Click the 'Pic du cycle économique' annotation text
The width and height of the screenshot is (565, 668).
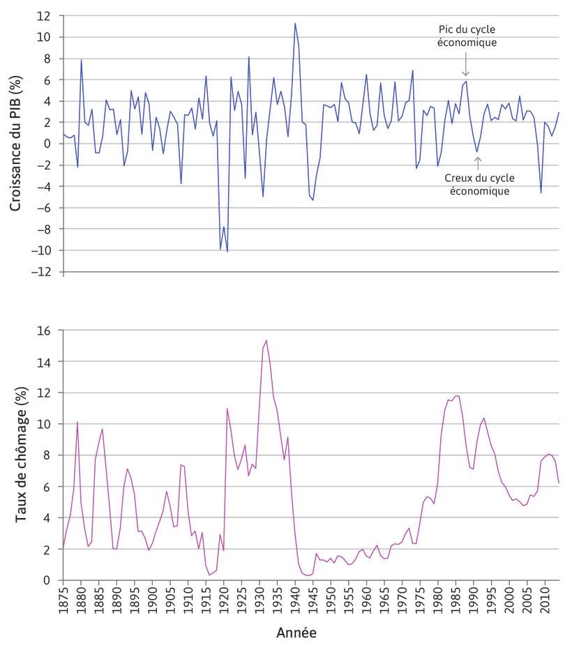tap(465, 36)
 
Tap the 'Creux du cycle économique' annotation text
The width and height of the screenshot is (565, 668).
tap(478, 184)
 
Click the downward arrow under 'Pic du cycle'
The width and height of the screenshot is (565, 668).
tap(465, 68)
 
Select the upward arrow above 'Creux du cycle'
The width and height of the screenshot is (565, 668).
tap(478, 162)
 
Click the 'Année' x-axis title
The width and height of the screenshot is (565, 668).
tap(296, 633)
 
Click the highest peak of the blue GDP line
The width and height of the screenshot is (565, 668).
tap(295, 23)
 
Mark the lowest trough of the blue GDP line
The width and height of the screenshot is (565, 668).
tap(227, 251)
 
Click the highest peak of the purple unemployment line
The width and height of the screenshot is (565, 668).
tap(266, 340)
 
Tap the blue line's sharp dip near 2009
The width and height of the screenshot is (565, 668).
tap(541, 193)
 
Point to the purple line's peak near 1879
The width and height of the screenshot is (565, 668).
tap(77, 422)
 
